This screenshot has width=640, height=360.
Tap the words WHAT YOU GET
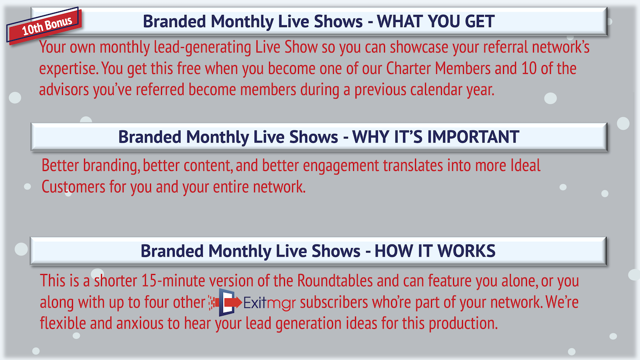[435, 21]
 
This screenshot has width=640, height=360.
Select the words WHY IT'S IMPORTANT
[435, 136]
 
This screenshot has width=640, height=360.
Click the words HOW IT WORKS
[435, 251]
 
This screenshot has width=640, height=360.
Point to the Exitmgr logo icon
[225, 302]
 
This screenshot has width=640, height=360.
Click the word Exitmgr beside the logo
[269, 303]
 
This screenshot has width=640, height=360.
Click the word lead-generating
[202, 47]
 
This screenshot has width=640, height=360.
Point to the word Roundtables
[335, 280]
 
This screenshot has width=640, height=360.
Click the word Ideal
[525, 165]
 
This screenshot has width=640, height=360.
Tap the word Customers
[73, 187]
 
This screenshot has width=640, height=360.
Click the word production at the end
[463, 324]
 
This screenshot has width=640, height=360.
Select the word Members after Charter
[462, 68]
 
